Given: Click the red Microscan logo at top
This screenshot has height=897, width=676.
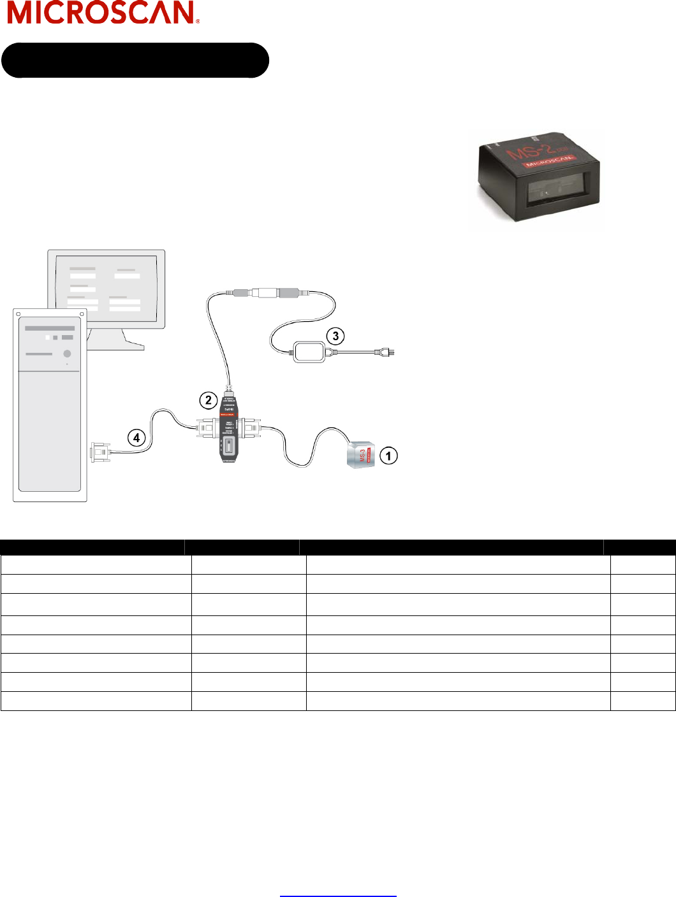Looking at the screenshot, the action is (x=103, y=13).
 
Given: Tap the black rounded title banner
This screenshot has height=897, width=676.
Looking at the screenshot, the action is (x=135, y=61).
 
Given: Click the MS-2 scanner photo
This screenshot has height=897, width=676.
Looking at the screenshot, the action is (x=537, y=178).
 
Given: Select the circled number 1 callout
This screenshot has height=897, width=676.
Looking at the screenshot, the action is (x=388, y=456).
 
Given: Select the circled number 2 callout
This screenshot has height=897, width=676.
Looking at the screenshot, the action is (x=208, y=400).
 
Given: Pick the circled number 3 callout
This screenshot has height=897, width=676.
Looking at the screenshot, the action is (x=335, y=336).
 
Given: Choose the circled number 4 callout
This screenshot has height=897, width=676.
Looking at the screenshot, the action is (x=136, y=438).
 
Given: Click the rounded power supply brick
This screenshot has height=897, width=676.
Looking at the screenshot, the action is (x=309, y=352).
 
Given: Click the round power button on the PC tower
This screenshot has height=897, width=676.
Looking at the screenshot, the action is (x=67, y=354).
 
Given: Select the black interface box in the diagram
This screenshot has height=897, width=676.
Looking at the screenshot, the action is (x=228, y=430).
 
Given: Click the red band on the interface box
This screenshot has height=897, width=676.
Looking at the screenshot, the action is (x=228, y=414).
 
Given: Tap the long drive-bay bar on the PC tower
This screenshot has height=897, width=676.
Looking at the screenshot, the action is (x=49, y=328).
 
